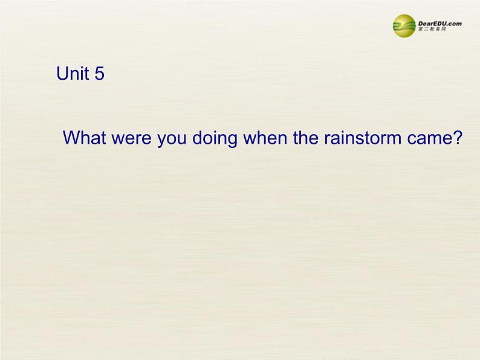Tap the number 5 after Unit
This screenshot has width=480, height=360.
[x=99, y=74]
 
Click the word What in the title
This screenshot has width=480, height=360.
[x=85, y=138]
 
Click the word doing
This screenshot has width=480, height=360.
[x=215, y=139]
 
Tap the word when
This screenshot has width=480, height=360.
[x=262, y=138]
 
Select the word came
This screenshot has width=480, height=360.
[x=432, y=139]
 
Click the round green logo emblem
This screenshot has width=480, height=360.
[x=404, y=26]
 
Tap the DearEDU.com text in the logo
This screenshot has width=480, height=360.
[x=440, y=23]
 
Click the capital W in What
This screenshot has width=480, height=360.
[x=72, y=138]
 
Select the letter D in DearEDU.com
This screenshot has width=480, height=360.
[x=421, y=23]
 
